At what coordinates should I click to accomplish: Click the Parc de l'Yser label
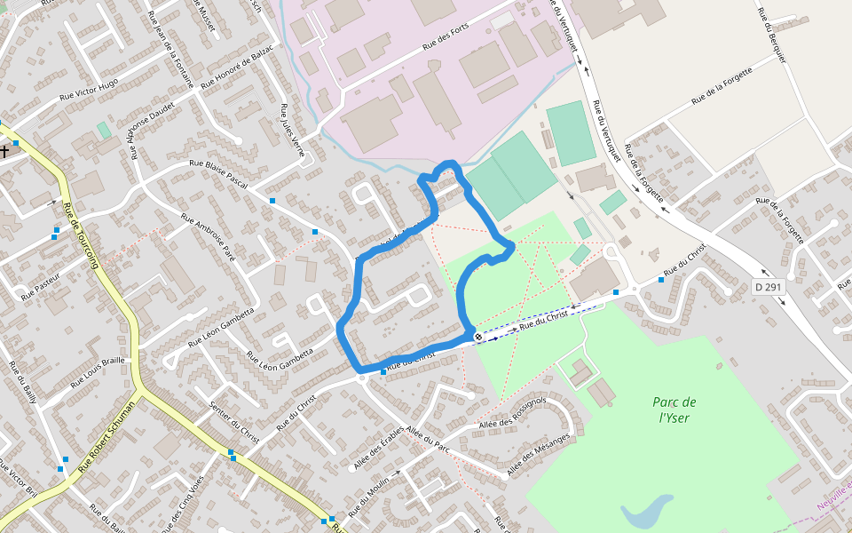click(x=677, y=410)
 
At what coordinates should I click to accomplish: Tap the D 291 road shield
click(x=769, y=287)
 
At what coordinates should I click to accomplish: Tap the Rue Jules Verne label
click(x=292, y=130)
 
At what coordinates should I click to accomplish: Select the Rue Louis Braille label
click(x=100, y=370)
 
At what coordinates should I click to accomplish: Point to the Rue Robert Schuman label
click(x=106, y=434)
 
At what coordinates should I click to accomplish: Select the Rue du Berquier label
click(x=771, y=35)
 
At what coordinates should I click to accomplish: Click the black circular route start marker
click(x=478, y=338)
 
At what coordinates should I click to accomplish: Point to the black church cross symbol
click(x=4, y=151)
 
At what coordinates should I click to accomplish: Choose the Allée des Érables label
click(x=379, y=449)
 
